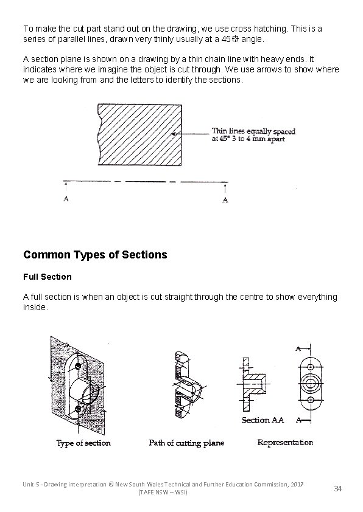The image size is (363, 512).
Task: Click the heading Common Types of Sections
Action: [x=94, y=255]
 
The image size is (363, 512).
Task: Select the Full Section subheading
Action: [x=47, y=277]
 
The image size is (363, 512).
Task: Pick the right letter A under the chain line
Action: [x=225, y=199]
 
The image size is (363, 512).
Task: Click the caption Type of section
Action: [x=83, y=443]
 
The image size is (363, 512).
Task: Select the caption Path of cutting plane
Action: [x=186, y=443]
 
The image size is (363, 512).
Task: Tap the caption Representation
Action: [x=285, y=443]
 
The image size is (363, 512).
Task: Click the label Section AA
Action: [x=263, y=420]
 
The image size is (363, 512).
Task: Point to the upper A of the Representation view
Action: [x=299, y=349]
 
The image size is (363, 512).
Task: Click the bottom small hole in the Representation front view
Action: [x=311, y=402]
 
